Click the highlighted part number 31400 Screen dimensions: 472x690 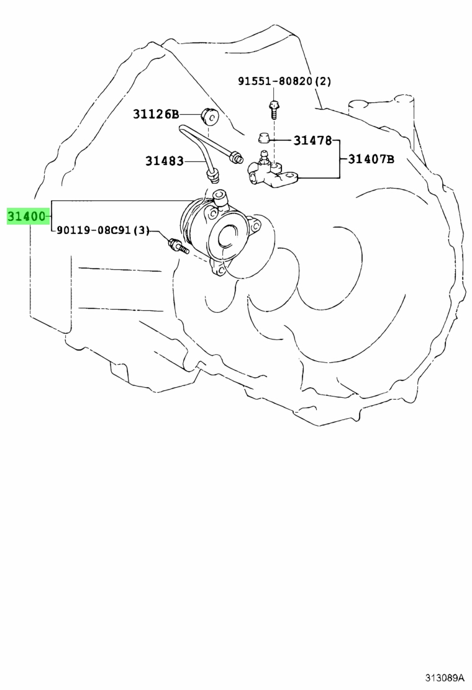pyautogui.click(x=26, y=217)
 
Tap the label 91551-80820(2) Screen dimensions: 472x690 pyautogui.click(x=284, y=81)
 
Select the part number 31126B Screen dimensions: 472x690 pyautogui.click(x=156, y=114)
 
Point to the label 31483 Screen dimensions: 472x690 pyautogui.click(x=164, y=161)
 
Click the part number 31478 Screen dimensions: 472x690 pyautogui.click(x=312, y=140)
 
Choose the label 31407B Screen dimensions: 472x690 pyautogui.click(x=371, y=159)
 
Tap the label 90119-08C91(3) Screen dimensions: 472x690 pyautogui.click(x=104, y=230)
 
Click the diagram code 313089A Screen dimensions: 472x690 pyautogui.click(x=445, y=677)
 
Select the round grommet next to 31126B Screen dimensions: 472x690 pyautogui.click(x=209, y=116)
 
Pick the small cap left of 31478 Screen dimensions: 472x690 pyautogui.click(x=263, y=138)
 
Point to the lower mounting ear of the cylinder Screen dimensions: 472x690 pyautogui.click(x=219, y=267)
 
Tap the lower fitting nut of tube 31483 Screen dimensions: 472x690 pyautogui.click(x=213, y=177)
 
